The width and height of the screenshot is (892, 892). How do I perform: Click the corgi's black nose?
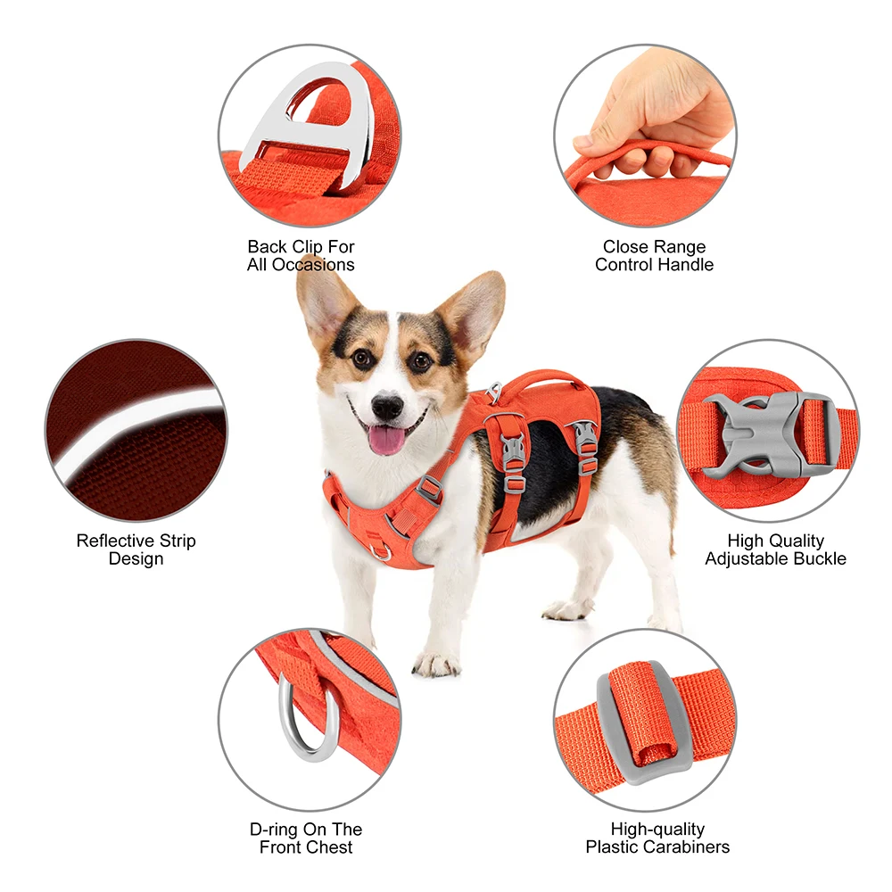coord(388,407)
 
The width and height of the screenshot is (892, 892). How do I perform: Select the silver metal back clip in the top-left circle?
coord(308,120)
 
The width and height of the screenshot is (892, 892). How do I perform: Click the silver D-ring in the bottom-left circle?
coord(307,723)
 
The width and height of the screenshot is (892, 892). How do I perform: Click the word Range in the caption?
coord(678,247)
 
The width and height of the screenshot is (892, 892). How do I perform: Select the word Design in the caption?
coord(136,559)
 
